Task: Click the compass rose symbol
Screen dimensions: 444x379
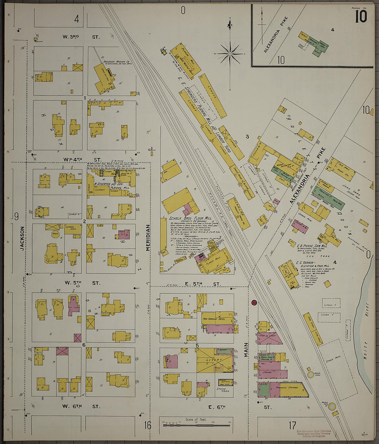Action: pyautogui.click(x=230, y=54)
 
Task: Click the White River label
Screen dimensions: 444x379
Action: pyautogui.click(x=366, y=331)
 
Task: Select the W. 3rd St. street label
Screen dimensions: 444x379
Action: pyautogui.click(x=81, y=37)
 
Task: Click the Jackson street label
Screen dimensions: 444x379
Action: pyautogui.click(x=22, y=238)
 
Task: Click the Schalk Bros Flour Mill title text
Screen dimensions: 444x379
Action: pyautogui.click(x=191, y=219)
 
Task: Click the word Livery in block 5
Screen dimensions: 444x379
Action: pyautogui.click(x=215, y=360)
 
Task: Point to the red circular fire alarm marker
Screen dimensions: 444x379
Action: pyautogui.click(x=254, y=303)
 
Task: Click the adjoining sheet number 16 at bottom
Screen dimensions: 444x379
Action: pyautogui.click(x=147, y=425)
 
